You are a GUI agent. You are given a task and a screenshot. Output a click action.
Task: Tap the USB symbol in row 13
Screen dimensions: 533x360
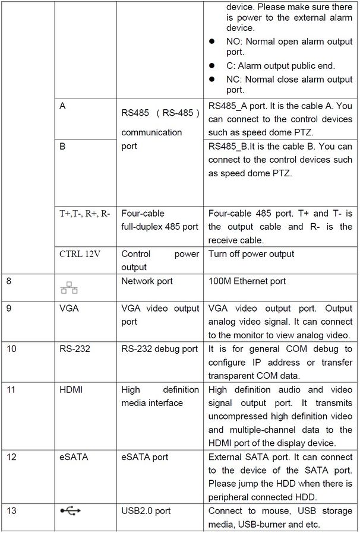tap(70, 510)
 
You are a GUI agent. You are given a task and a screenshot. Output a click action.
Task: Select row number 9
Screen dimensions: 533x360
tap(8, 309)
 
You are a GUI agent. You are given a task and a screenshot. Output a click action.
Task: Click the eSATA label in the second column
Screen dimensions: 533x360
tap(73, 457)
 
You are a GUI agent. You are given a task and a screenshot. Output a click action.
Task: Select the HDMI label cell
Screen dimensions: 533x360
tap(71, 389)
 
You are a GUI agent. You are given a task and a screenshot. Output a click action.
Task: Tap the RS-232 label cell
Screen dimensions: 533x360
tap(74, 349)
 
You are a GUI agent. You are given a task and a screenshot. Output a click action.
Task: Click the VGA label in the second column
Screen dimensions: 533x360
tap(69, 309)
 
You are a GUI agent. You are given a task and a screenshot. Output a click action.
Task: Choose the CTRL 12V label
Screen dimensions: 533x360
tap(80, 254)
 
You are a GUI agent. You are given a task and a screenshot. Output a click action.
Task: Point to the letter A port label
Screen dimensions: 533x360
tap(62, 106)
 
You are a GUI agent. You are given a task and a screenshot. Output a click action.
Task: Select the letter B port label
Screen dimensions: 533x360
tap(62, 146)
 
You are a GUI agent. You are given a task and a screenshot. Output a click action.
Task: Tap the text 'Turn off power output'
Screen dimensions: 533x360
tap(251, 254)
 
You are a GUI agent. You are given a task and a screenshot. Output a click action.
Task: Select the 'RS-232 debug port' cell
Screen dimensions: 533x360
tap(159, 349)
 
